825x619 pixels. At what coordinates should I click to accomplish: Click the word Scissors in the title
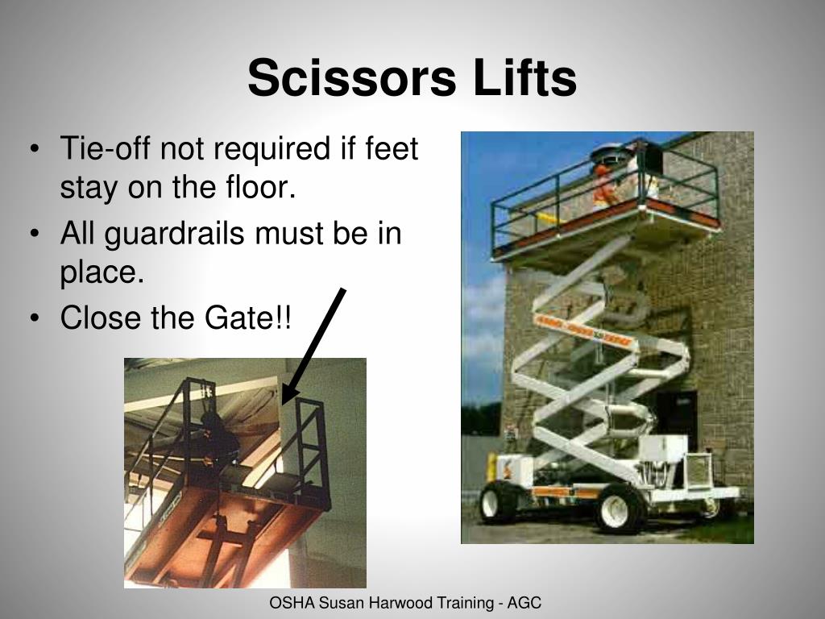[351, 79]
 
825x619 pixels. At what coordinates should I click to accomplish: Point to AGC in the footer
[525, 603]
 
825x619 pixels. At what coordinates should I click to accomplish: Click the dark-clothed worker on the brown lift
[216, 440]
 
